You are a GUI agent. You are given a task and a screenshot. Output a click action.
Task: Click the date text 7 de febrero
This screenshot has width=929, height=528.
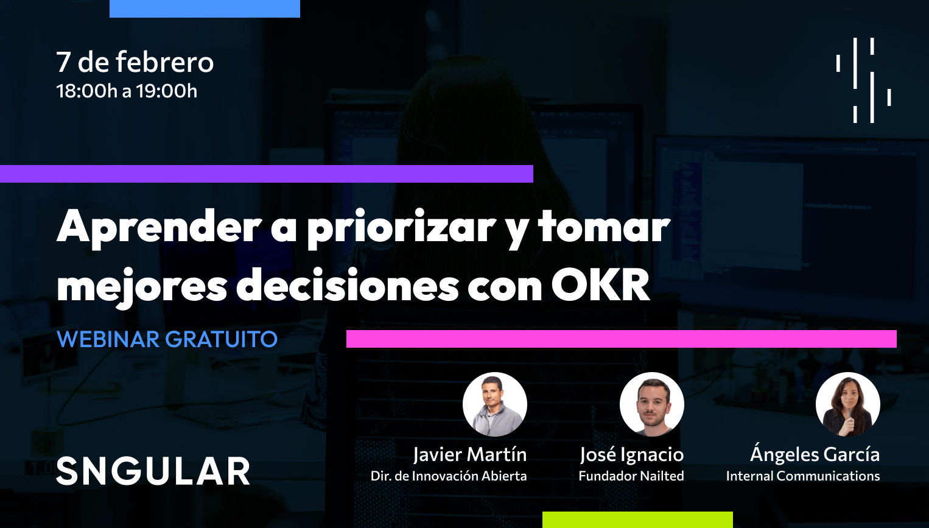click(x=135, y=62)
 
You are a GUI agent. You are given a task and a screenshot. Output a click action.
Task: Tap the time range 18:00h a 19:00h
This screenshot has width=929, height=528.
click(x=127, y=91)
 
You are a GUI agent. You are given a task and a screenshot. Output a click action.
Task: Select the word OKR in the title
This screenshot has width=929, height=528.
click(x=601, y=285)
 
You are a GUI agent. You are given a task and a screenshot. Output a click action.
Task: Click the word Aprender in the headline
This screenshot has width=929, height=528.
click(x=160, y=227)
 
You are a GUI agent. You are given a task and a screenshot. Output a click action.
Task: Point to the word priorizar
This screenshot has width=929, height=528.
click(x=401, y=227)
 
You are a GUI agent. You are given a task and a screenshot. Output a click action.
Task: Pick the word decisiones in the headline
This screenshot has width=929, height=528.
click(x=347, y=285)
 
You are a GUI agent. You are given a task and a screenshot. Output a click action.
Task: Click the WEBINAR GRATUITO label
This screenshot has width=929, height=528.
click(x=167, y=339)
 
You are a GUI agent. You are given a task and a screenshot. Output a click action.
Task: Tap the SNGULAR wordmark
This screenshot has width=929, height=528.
click(x=153, y=471)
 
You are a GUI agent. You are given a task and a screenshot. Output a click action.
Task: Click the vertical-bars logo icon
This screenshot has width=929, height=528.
click(x=863, y=80)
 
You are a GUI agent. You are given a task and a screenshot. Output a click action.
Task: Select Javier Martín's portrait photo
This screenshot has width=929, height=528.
click(x=494, y=404)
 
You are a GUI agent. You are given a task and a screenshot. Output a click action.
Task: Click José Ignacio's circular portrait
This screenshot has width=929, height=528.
click(x=651, y=404)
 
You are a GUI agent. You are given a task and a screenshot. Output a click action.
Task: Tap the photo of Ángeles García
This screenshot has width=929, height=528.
click(x=847, y=404)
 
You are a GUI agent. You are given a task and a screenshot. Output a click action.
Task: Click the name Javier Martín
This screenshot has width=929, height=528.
click(x=470, y=454)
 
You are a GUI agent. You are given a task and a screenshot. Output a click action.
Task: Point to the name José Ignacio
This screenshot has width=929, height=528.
click(x=631, y=454)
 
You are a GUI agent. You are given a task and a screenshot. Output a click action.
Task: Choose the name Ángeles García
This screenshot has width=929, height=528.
click(x=815, y=454)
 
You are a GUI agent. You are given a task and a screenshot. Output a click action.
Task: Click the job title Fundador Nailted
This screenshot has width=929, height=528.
click(x=631, y=476)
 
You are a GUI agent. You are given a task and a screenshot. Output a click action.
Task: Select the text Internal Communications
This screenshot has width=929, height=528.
click(x=802, y=476)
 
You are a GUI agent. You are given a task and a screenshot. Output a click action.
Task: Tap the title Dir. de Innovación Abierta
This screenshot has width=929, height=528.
click(x=449, y=476)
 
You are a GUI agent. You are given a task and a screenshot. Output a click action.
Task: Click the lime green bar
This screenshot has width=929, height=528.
click(x=637, y=519)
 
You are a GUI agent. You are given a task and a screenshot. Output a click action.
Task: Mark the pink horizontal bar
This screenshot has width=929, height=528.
click(x=621, y=339)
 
